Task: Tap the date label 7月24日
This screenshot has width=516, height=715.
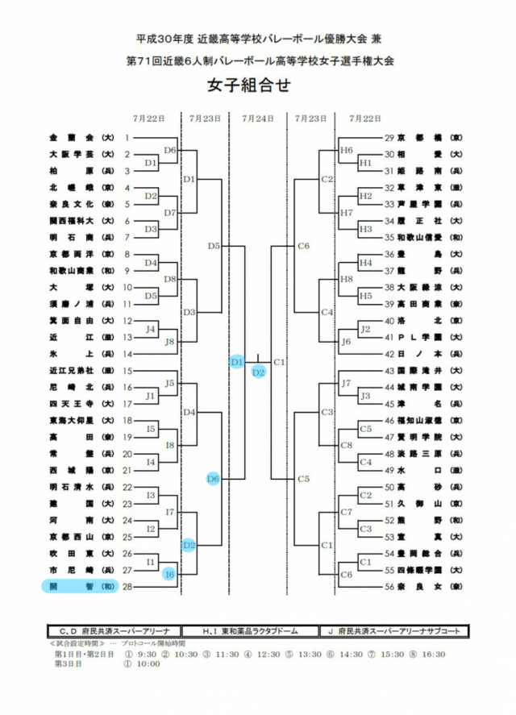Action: (258, 118)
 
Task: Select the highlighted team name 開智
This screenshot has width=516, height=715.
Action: (71, 587)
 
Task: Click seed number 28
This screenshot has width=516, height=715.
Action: (127, 587)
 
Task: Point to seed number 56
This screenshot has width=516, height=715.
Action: (389, 587)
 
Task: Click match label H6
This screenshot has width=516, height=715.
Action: (347, 151)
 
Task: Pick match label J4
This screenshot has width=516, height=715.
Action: (151, 329)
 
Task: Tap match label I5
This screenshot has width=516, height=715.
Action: (151, 428)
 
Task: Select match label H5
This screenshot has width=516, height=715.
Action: (364, 296)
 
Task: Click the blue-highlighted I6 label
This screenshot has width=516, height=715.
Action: (169, 574)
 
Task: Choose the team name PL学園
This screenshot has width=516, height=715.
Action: (421, 337)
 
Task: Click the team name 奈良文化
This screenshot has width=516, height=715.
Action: (71, 204)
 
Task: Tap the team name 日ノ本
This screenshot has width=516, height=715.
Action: (421, 354)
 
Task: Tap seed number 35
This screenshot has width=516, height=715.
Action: (389, 237)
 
